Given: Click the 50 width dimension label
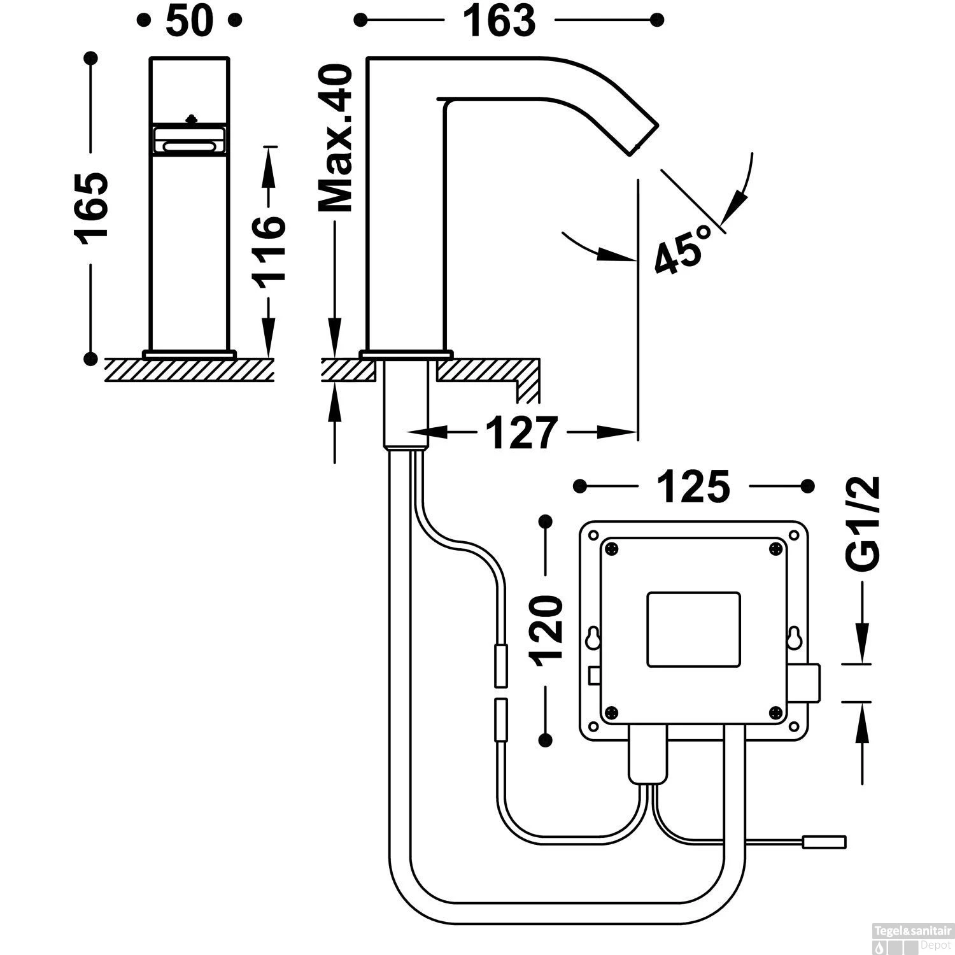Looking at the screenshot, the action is pyautogui.click(x=189, y=20).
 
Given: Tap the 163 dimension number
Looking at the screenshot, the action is pyautogui.click(x=499, y=20).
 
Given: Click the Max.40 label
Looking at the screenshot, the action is pyautogui.click(x=336, y=138).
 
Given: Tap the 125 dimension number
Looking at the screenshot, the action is pyautogui.click(x=694, y=487).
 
